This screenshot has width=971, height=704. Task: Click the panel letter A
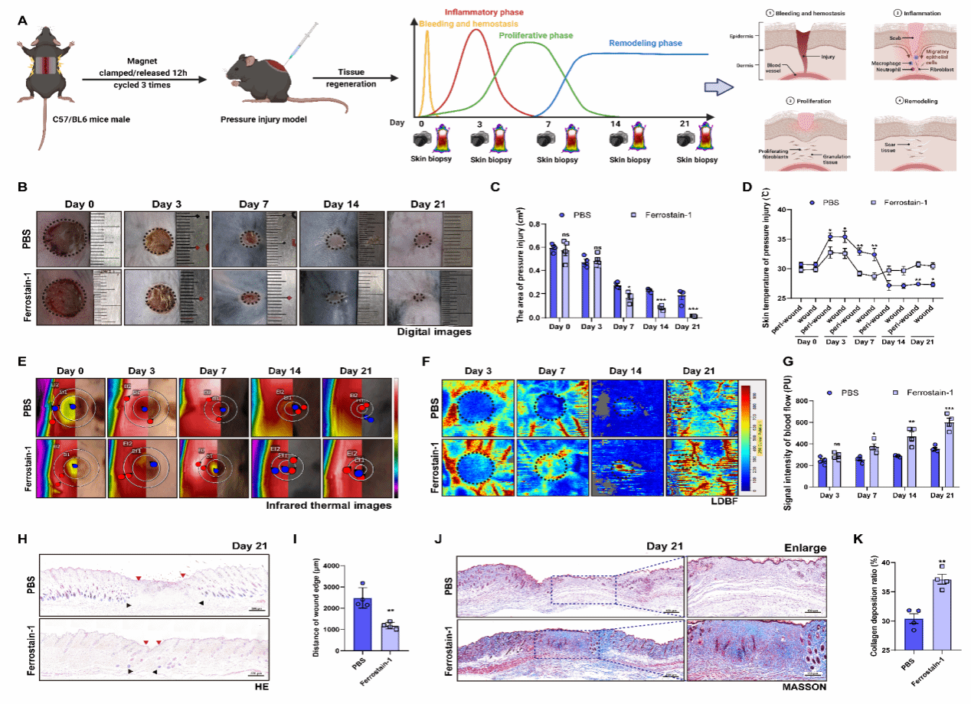point(23,21)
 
